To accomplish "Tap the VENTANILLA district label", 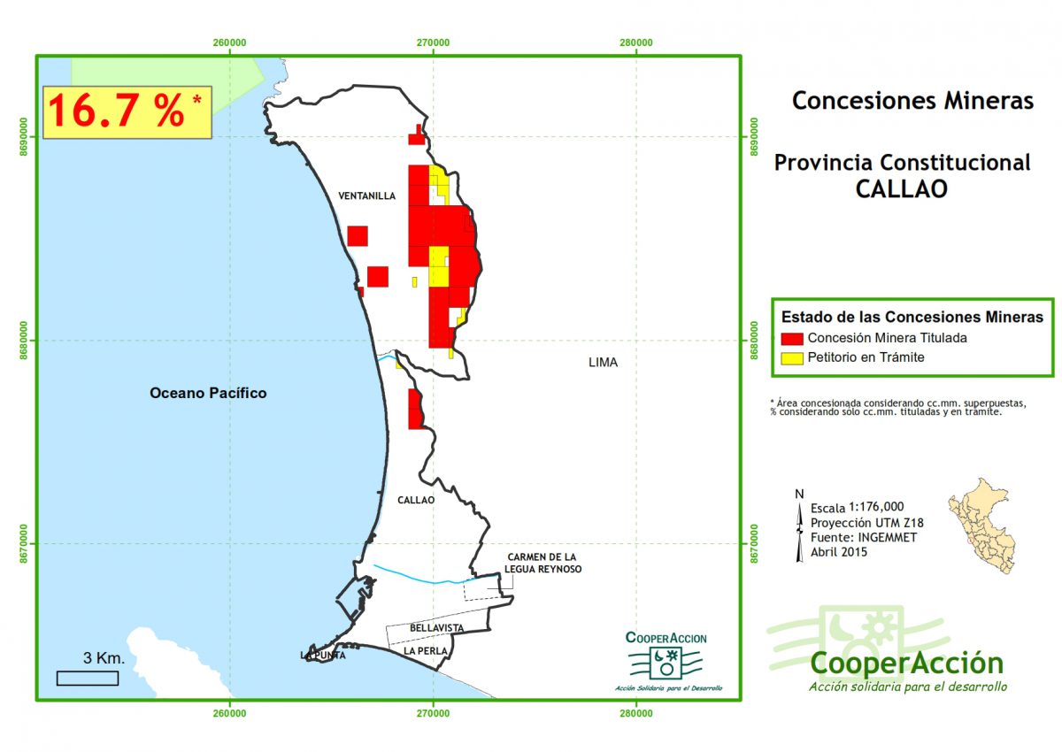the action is (366, 196).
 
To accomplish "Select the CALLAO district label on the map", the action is (416, 500).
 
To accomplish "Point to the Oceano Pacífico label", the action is (208, 393).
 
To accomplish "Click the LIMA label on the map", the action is (603, 362).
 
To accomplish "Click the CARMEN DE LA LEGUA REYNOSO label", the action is (544, 563).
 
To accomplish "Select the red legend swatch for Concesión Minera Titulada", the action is (792, 338).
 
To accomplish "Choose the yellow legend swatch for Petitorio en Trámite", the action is (792, 357).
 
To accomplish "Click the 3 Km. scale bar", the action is (88, 678).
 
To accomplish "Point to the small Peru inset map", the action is (981, 525).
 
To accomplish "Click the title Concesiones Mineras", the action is (912, 100).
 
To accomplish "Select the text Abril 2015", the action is (839, 551).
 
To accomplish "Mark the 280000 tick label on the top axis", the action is (636, 42).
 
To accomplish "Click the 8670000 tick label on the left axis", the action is (25, 543).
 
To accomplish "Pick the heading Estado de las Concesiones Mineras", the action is (912, 316).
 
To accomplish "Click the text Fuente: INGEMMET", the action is (864, 536).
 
